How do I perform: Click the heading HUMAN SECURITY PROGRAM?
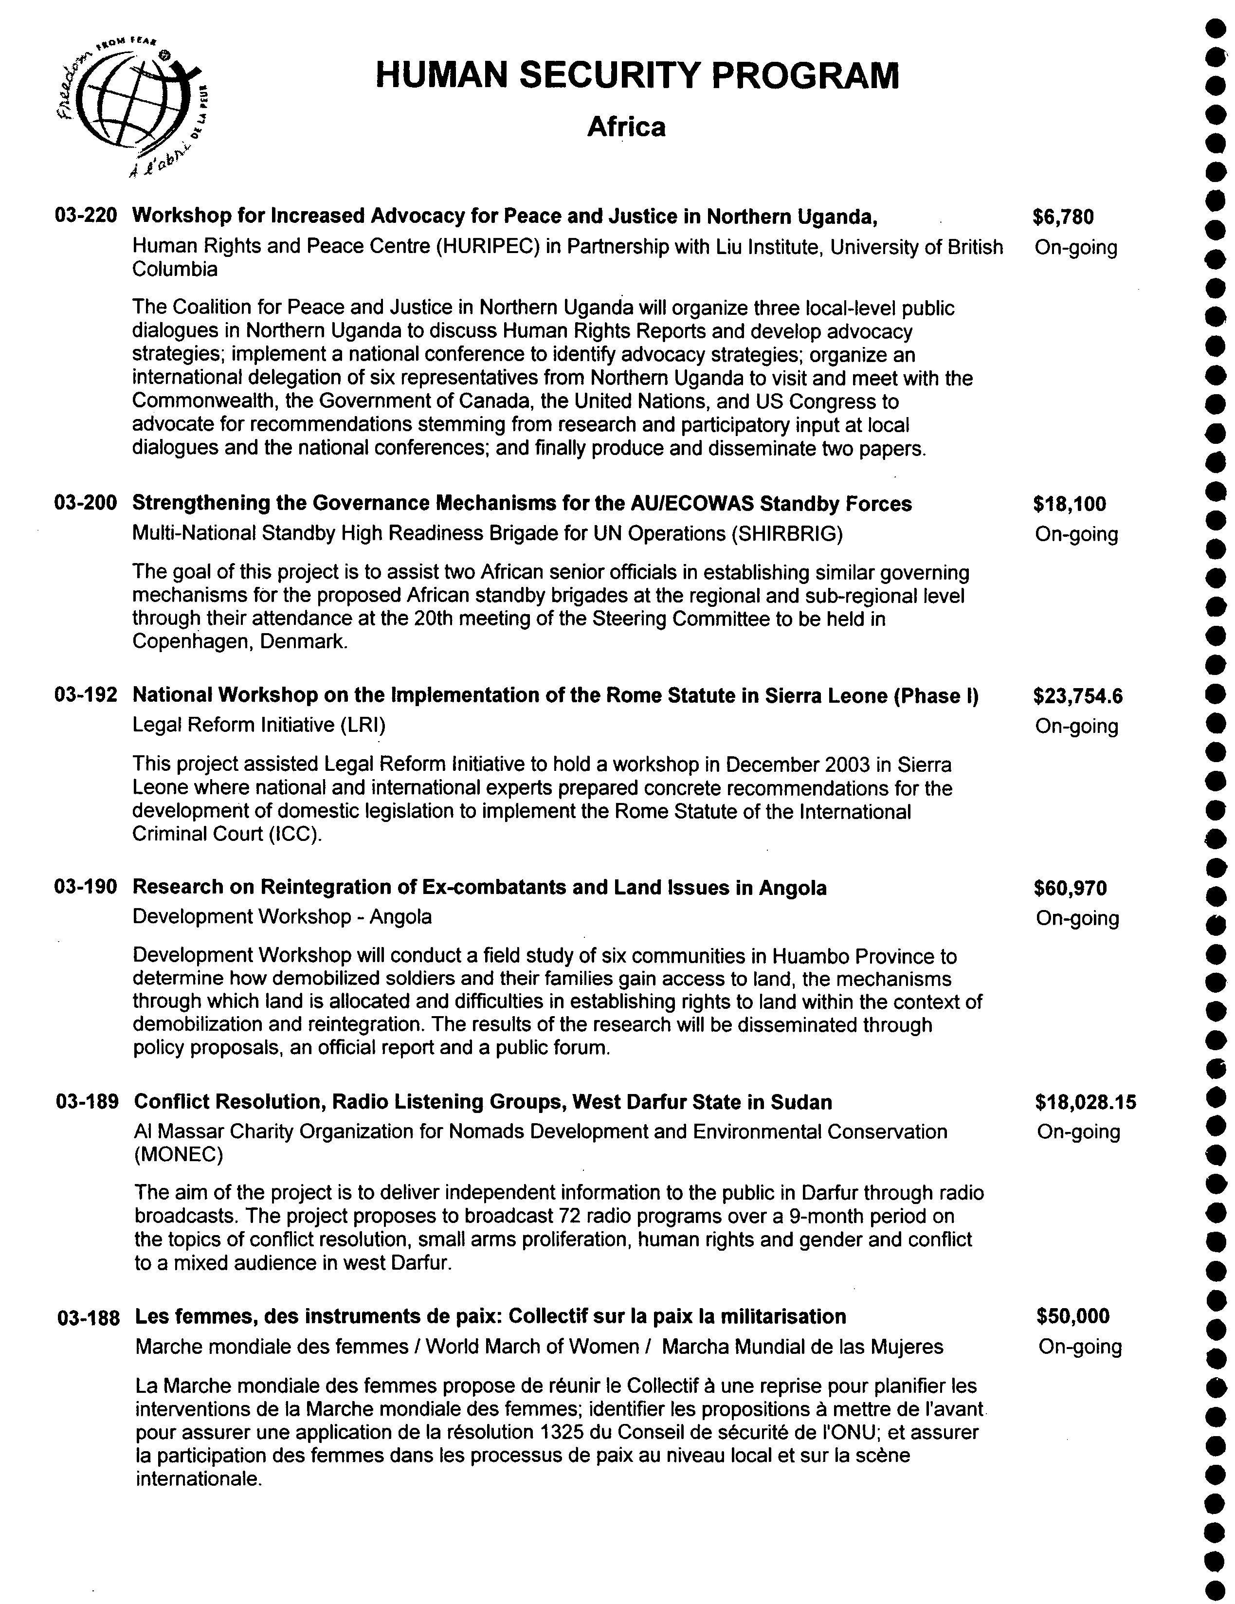(x=636, y=75)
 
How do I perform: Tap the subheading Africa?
(x=626, y=127)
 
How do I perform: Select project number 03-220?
(x=85, y=216)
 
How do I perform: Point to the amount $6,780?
(x=1062, y=217)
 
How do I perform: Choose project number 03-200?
(x=85, y=503)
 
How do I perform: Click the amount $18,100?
(x=1068, y=504)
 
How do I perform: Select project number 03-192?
(x=85, y=695)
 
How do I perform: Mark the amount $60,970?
(x=1070, y=888)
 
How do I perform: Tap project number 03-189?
(x=87, y=1102)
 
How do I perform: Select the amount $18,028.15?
(x=1085, y=1102)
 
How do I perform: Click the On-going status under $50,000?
(x=1079, y=1347)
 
